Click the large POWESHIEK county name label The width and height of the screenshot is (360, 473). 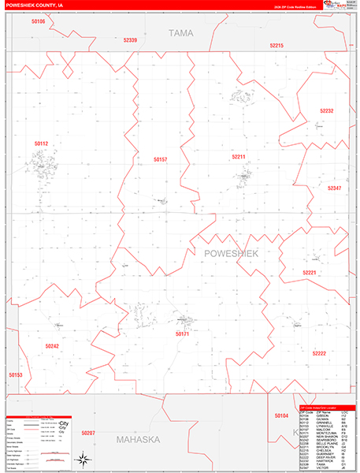pos(231,252)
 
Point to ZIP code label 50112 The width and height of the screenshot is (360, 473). pos(42,143)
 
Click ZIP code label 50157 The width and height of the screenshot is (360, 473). pos(161,159)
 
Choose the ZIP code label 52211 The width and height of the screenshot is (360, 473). pos(239,157)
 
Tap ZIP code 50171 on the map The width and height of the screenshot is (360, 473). pos(183,333)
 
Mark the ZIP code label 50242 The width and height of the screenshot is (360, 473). pos(52,345)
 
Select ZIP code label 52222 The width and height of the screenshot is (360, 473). pos(319,353)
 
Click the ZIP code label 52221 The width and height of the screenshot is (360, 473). pos(310,273)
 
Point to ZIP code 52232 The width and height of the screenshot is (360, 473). pos(327,111)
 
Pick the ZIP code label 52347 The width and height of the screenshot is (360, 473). pos(335,188)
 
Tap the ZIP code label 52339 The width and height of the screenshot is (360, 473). pos(130,40)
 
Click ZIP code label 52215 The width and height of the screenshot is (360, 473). pos(276,47)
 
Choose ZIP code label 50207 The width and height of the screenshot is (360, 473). pos(87,434)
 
